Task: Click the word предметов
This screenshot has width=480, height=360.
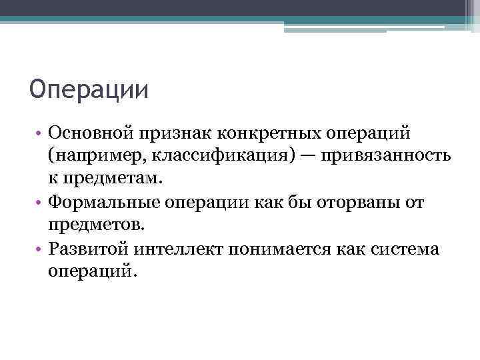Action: click(95, 226)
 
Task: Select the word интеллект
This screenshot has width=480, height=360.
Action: click(177, 249)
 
